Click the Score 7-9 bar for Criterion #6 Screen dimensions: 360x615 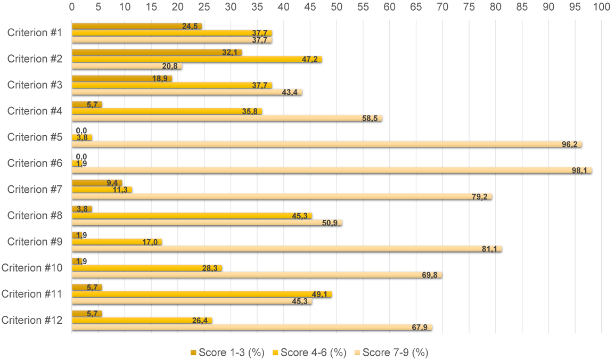click(332, 170)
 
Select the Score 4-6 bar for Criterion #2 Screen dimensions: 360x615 click(196, 59)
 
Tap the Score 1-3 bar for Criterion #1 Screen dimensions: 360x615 click(136, 26)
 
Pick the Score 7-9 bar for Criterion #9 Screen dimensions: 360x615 click(286, 249)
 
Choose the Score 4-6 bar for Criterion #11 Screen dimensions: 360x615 click(202, 294)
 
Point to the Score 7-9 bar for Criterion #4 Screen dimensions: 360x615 click(227, 118)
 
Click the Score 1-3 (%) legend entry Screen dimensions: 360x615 click(227, 353)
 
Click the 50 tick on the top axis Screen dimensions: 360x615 click(337, 7)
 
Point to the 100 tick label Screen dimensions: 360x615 click(601, 7)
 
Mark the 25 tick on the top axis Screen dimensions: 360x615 click(204, 7)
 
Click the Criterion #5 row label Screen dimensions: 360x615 click(35, 137)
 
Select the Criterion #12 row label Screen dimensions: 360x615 click(32, 320)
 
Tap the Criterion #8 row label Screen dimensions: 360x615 click(35, 215)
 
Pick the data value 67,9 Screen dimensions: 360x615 click(421, 327)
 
